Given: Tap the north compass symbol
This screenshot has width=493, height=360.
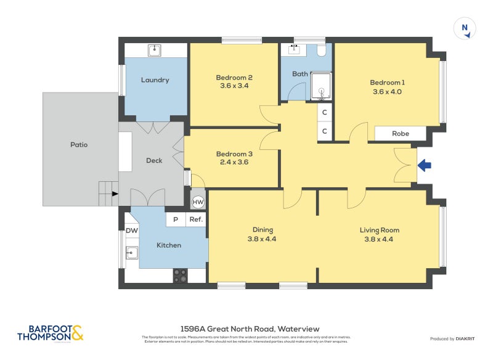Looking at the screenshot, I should (465, 28).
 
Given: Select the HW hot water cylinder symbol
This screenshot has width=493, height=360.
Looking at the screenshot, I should (198, 202).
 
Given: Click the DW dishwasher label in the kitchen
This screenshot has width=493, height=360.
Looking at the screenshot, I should (131, 231).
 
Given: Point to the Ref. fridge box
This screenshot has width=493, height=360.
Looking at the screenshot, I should (196, 219).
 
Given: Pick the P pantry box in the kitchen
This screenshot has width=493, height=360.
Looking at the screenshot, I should (176, 219).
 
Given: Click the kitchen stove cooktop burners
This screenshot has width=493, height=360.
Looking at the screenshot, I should (180, 276).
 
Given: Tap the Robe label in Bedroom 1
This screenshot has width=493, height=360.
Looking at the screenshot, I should (400, 133).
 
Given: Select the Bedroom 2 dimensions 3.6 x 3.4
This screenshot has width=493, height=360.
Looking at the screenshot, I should (234, 86).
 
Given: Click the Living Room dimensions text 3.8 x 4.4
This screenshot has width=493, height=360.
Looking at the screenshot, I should (380, 239).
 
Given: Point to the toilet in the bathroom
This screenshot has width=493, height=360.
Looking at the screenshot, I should (321, 51).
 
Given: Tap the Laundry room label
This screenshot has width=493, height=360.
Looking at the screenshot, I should (155, 80).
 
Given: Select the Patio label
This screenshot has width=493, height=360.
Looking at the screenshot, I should (79, 145).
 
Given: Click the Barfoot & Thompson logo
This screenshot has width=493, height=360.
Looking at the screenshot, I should (50, 333).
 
